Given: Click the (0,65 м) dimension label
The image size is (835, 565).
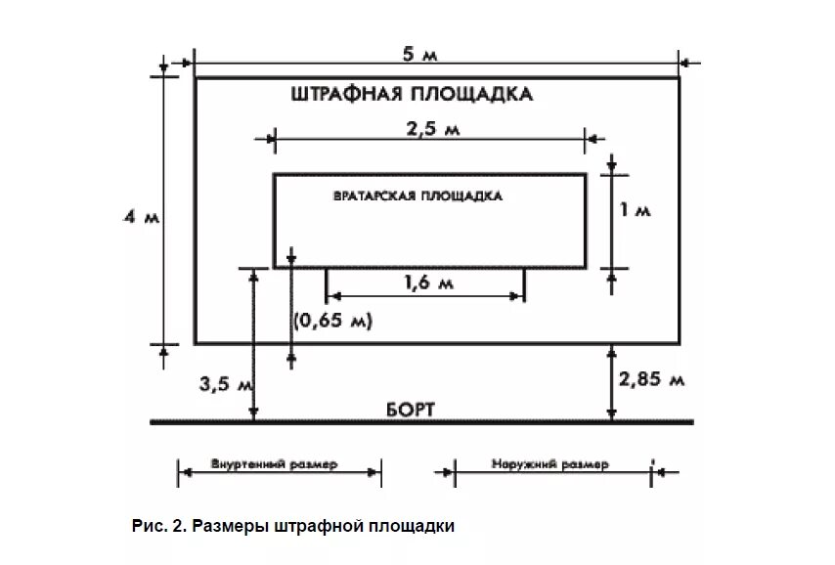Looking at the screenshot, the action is click(334, 321).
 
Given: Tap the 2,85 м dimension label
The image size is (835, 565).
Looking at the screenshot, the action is click(653, 378).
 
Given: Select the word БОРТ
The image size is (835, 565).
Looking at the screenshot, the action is click(401, 409).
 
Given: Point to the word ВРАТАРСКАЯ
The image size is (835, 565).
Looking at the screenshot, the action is click(374, 196).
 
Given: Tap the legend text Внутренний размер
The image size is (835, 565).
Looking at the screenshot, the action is click(274, 464).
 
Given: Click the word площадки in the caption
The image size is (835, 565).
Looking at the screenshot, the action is click(413, 526).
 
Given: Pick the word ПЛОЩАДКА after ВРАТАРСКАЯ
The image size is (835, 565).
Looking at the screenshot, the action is click(461, 196).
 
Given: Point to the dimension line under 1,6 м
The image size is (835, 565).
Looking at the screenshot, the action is click(425, 296).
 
